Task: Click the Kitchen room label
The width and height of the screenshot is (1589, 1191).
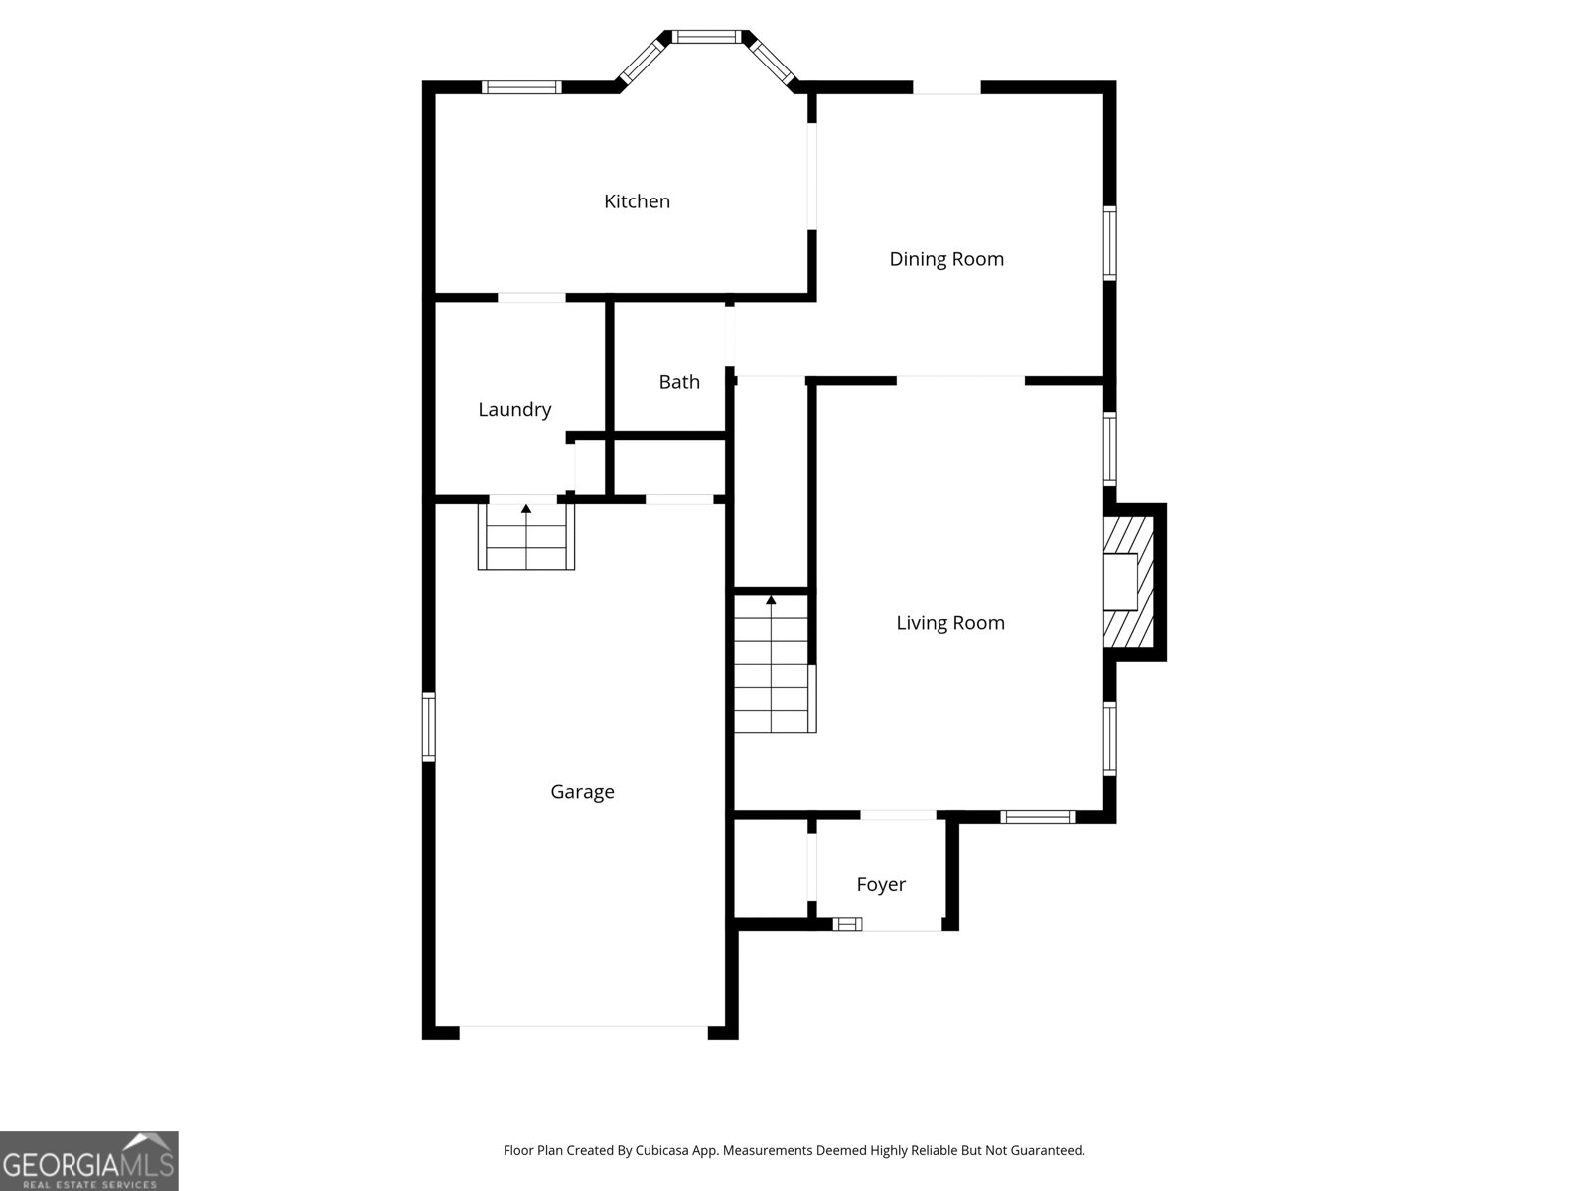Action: click(637, 201)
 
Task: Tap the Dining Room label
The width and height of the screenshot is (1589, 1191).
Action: click(946, 259)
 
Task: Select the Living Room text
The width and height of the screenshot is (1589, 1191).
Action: click(950, 623)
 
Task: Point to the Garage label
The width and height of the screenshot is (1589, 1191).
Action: click(582, 792)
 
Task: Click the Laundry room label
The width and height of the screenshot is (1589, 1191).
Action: click(514, 410)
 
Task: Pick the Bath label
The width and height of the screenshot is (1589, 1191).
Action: click(679, 382)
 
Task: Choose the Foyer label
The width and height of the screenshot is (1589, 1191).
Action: click(881, 884)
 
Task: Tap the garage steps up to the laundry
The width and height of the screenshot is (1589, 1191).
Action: click(526, 537)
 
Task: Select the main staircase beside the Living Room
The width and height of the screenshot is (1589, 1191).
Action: click(776, 664)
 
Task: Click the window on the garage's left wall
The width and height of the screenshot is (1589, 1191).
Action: click(429, 727)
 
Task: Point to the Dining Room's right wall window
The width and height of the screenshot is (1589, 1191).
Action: click(1109, 243)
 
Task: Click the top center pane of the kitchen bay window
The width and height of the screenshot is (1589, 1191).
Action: click(706, 37)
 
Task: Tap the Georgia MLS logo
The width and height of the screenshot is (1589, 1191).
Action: click(89, 1160)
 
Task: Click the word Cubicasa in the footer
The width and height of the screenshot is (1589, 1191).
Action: click(662, 1150)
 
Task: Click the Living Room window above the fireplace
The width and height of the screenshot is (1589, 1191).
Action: click(1109, 449)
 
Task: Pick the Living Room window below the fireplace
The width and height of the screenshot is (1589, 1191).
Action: click(1109, 738)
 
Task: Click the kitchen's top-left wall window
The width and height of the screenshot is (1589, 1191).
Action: click(522, 87)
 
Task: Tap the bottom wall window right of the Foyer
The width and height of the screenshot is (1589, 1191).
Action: click(1038, 817)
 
